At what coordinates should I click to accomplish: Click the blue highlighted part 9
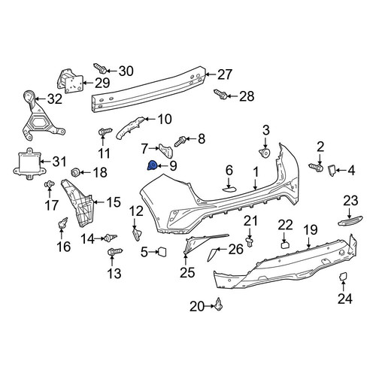[151, 165]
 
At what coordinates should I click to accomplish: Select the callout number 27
[225, 74]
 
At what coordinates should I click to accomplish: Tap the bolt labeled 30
[100, 68]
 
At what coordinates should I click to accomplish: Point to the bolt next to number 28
[220, 94]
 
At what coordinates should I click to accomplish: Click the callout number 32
[55, 99]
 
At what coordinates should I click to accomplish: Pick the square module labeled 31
[29, 163]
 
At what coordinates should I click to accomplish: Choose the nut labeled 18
[75, 172]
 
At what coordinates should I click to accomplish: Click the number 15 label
[114, 202]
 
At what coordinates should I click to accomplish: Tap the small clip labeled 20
[219, 305]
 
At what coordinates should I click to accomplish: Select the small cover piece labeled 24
[342, 277]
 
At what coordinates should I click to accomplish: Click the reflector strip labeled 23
[350, 220]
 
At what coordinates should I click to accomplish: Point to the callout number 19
[311, 229]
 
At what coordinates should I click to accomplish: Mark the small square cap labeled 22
[285, 244]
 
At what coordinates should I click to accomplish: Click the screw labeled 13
[115, 251]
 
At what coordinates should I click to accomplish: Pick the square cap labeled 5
[162, 252]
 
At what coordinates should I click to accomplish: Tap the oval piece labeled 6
[230, 189]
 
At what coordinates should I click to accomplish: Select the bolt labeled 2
[316, 166]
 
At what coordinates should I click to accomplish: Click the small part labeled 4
[332, 170]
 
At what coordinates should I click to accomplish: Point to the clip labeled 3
[264, 153]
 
